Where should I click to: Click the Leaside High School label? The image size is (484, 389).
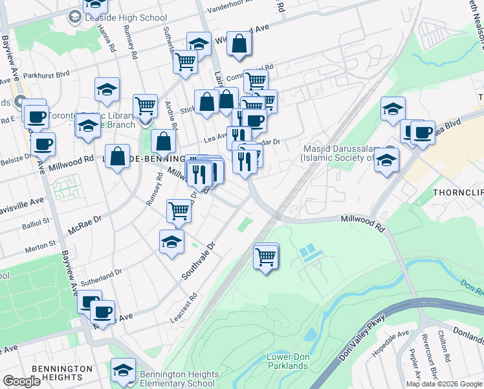pos(126,18)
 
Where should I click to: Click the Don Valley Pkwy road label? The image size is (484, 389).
pos(360,338)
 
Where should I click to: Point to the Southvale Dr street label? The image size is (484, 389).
pos(202,261)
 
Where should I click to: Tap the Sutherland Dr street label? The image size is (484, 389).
pos(101,280)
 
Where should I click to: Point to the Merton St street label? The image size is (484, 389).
pos(40,246)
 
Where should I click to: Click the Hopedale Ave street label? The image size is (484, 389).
pos(391,344)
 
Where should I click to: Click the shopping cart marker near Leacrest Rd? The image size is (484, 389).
pos(266,257)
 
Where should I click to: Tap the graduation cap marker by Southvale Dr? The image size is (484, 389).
pos(171,242)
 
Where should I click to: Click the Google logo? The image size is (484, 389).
pos(22,381)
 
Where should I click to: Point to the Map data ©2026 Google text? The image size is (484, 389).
pos(444,384)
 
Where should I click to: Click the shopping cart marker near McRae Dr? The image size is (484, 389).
pos(179,210)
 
